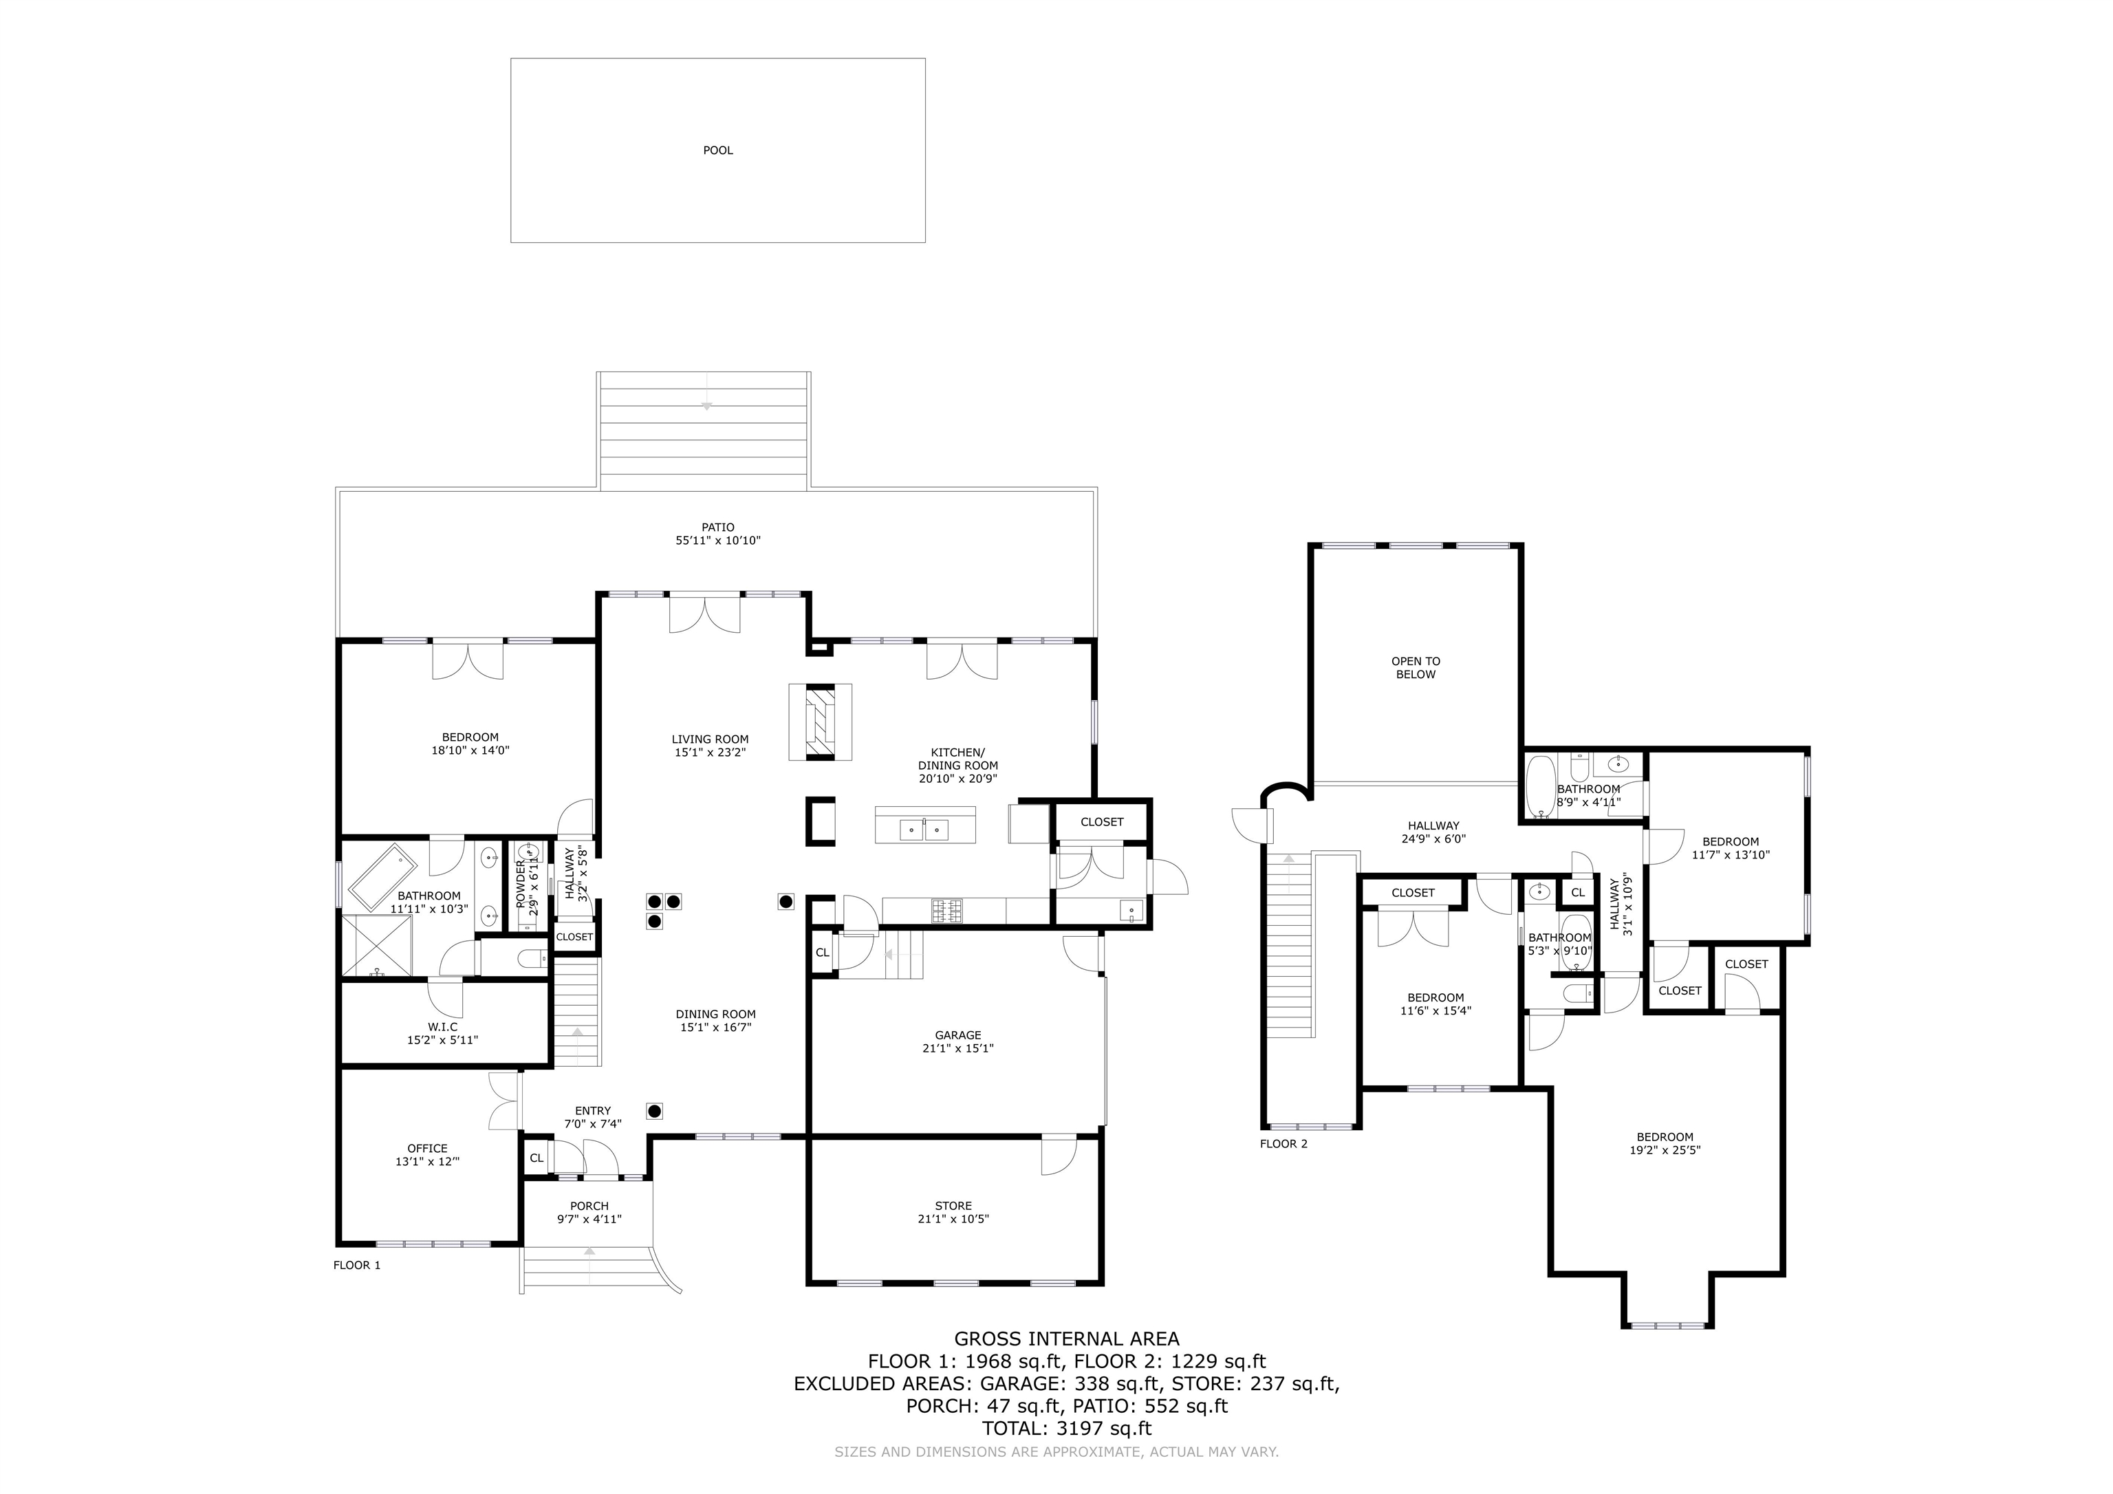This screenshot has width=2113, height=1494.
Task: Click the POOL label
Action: pyautogui.click(x=718, y=150)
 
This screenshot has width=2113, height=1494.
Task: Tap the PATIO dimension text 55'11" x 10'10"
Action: pyautogui.click(x=718, y=541)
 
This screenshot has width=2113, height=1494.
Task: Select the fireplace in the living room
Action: pyautogui.click(x=820, y=722)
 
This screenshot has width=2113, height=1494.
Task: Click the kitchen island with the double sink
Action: pyautogui.click(x=925, y=825)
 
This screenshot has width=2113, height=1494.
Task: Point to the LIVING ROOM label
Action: pyautogui.click(x=710, y=739)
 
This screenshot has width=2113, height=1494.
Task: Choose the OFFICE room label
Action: pyautogui.click(x=427, y=1149)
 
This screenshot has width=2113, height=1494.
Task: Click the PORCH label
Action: pyautogui.click(x=589, y=1206)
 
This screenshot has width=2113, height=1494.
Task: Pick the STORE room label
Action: pyautogui.click(x=953, y=1206)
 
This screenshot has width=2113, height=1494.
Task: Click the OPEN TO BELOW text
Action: pyautogui.click(x=1416, y=667)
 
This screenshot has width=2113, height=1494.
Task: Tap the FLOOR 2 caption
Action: pyautogui.click(x=1283, y=1144)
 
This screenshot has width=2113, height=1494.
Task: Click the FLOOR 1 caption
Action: pyautogui.click(x=356, y=1266)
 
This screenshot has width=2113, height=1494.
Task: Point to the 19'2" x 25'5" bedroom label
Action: pyautogui.click(x=1665, y=1143)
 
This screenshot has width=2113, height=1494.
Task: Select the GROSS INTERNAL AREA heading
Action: pyautogui.click(x=1067, y=1339)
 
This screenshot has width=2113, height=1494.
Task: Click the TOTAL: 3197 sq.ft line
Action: pyautogui.click(x=1067, y=1429)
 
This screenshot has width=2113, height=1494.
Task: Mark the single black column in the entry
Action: pyautogui.click(x=655, y=1111)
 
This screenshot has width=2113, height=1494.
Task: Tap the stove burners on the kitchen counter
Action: pyautogui.click(x=949, y=911)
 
